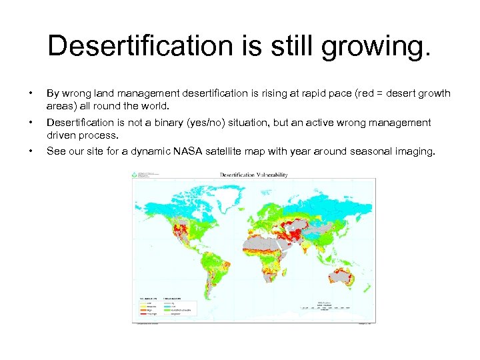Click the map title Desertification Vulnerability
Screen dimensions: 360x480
(254, 175)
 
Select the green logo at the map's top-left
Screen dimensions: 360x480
(140, 175)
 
